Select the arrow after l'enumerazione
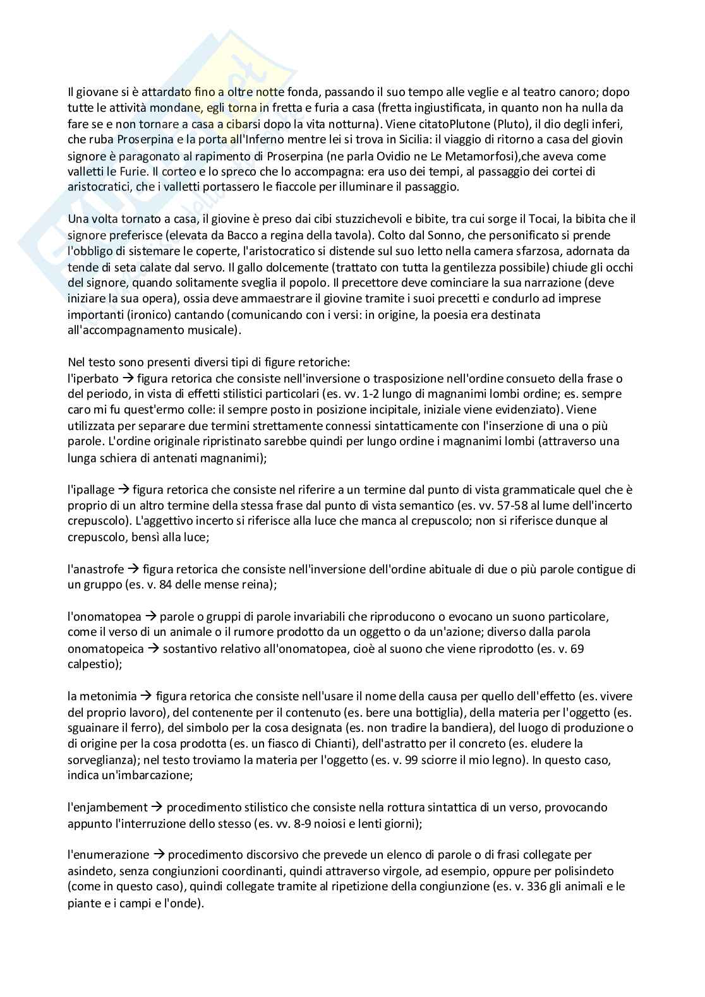point(160,855)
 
